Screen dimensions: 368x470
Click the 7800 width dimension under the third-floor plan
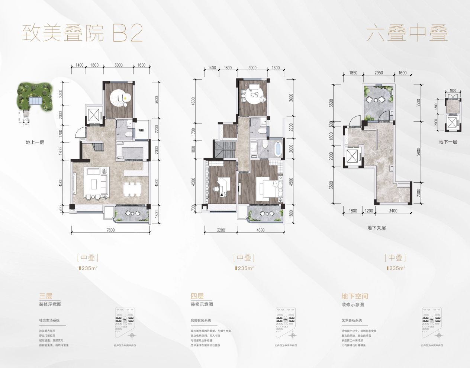click(110, 230)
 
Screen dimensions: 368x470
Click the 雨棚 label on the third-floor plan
click(141, 131)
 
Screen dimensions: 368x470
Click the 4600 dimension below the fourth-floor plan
click(260, 230)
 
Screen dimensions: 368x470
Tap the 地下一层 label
click(448, 142)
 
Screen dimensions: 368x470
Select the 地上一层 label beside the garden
click(35, 142)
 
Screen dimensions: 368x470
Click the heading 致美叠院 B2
click(82, 34)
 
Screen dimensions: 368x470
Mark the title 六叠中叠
click(407, 34)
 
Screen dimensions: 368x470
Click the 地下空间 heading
click(355, 296)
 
